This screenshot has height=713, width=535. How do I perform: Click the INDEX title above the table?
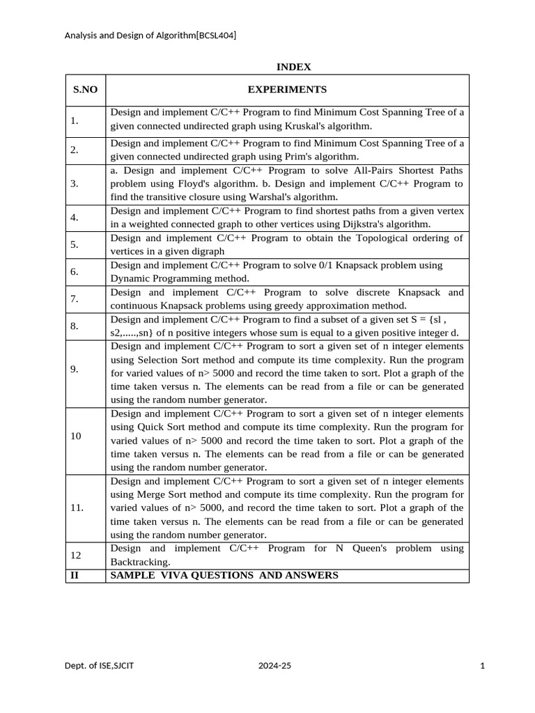(x=293, y=67)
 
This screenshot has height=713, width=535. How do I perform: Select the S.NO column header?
(x=86, y=90)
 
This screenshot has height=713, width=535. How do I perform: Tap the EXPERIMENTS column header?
(x=287, y=90)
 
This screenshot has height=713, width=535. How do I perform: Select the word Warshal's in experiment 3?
(x=274, y=197)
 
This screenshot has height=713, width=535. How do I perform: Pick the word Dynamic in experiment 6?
(x=129, y=279)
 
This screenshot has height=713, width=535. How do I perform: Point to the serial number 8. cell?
(x=75, y=326)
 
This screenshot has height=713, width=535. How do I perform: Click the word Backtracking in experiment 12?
(x=140, y=562)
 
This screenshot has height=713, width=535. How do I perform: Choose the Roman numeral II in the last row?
(x=74, y=575)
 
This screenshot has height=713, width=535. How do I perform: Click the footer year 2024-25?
(x=274, y=666)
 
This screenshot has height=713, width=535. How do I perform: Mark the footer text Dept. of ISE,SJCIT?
(x=100, y=666)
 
